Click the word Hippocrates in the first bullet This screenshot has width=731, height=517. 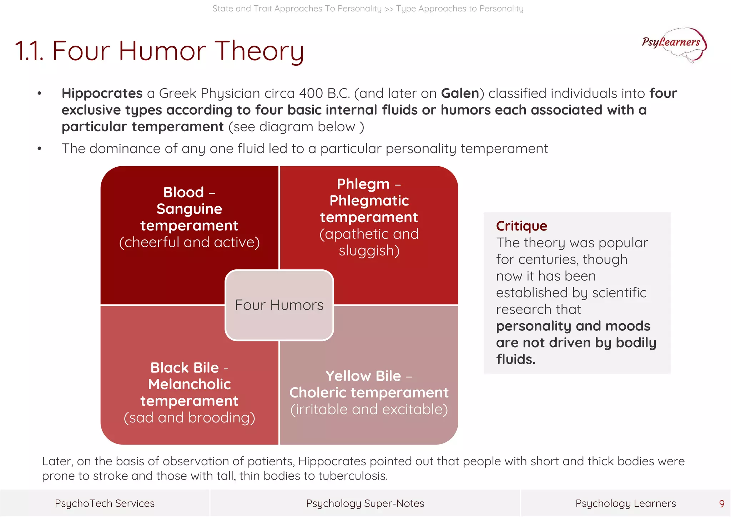(102, 93)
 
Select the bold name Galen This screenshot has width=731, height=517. (460, 93)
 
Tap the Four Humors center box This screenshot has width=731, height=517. (279, 305)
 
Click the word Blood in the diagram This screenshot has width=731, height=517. (183, 192)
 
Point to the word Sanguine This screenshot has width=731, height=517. (189, 209)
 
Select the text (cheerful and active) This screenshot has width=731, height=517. (189, 243)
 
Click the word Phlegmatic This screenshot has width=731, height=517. (369, 201)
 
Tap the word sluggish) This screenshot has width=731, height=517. (369, 251)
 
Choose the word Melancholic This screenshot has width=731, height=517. (189, 385)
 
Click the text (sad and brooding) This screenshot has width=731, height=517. (189, 418)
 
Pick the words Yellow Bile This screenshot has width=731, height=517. (363, 376)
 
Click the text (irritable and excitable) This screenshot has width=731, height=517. (369, 410)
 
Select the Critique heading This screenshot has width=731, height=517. (521, 226)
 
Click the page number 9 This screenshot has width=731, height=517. (721, 504)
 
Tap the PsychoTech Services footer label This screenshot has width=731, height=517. (105, 503)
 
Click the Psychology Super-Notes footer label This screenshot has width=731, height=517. (365, 503)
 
